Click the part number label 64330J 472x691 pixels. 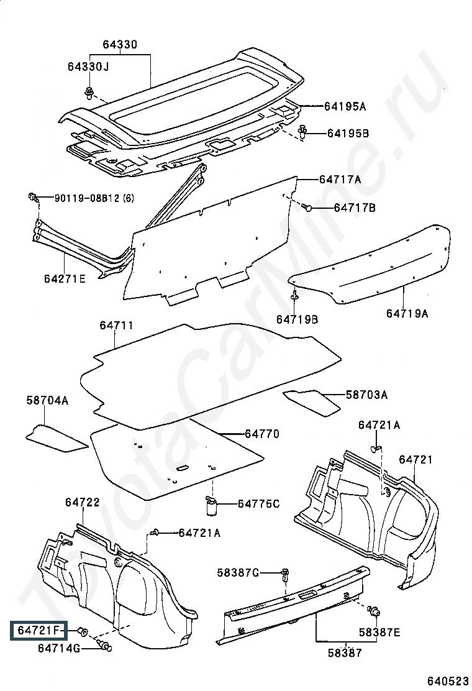pos(88,66)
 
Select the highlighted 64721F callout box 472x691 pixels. pos(39,631)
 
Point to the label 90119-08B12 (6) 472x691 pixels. pos(94,198)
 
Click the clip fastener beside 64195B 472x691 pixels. pos(303,132)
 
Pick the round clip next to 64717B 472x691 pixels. pos(308,207)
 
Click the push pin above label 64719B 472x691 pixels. pos(294,296)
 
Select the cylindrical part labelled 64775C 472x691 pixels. pos(212,507)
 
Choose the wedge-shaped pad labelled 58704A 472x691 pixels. pos(57,438)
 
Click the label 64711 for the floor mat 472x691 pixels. pos(116,325)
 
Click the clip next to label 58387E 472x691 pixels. pos(374,611)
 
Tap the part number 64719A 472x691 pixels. pos(407,313)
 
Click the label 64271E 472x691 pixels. pos(65,278)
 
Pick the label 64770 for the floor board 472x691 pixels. pos(262,434)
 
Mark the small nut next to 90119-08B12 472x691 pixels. pos(32,196)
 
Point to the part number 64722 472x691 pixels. pos(83,502)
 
